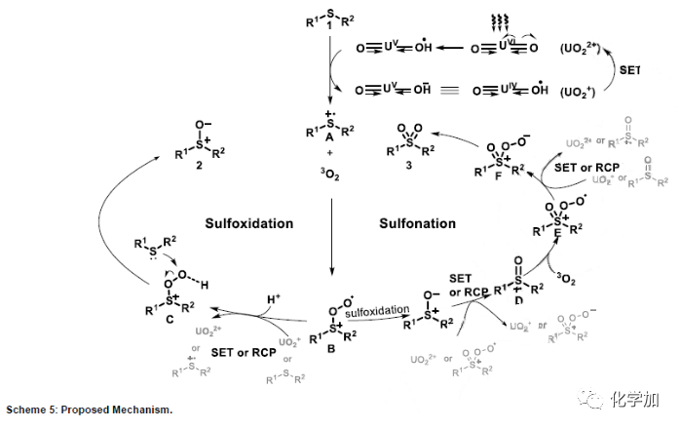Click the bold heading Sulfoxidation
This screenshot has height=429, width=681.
248,223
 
